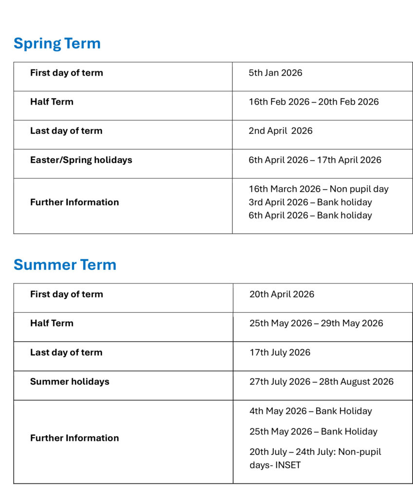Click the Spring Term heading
(x=57, y=43)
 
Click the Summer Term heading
(x=65, y=265)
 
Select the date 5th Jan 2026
(x=275, y=73)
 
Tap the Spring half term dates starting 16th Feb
(x=313, y=102)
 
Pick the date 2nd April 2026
(x=280, y=131)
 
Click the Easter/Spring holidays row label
(x=81, y=160)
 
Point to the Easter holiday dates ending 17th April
(x=315, y=160)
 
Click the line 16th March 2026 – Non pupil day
(x=318, y=189)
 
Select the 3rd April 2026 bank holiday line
(x=310, y=202)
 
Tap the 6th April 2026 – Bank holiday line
(x=310, y=215)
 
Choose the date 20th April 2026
(x=282, y=294)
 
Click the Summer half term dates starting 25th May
(x=316, y=323)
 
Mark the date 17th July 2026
(x=280, y=353)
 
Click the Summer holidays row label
(x=70, y=382)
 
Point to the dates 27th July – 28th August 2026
(x=321, y=382)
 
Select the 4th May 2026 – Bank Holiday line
(x=310, y=411)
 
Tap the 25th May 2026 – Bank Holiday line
(x=313, y=431)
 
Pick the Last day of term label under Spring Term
(x=66, y=131)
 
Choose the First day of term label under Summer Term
(x=66, y=294)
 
